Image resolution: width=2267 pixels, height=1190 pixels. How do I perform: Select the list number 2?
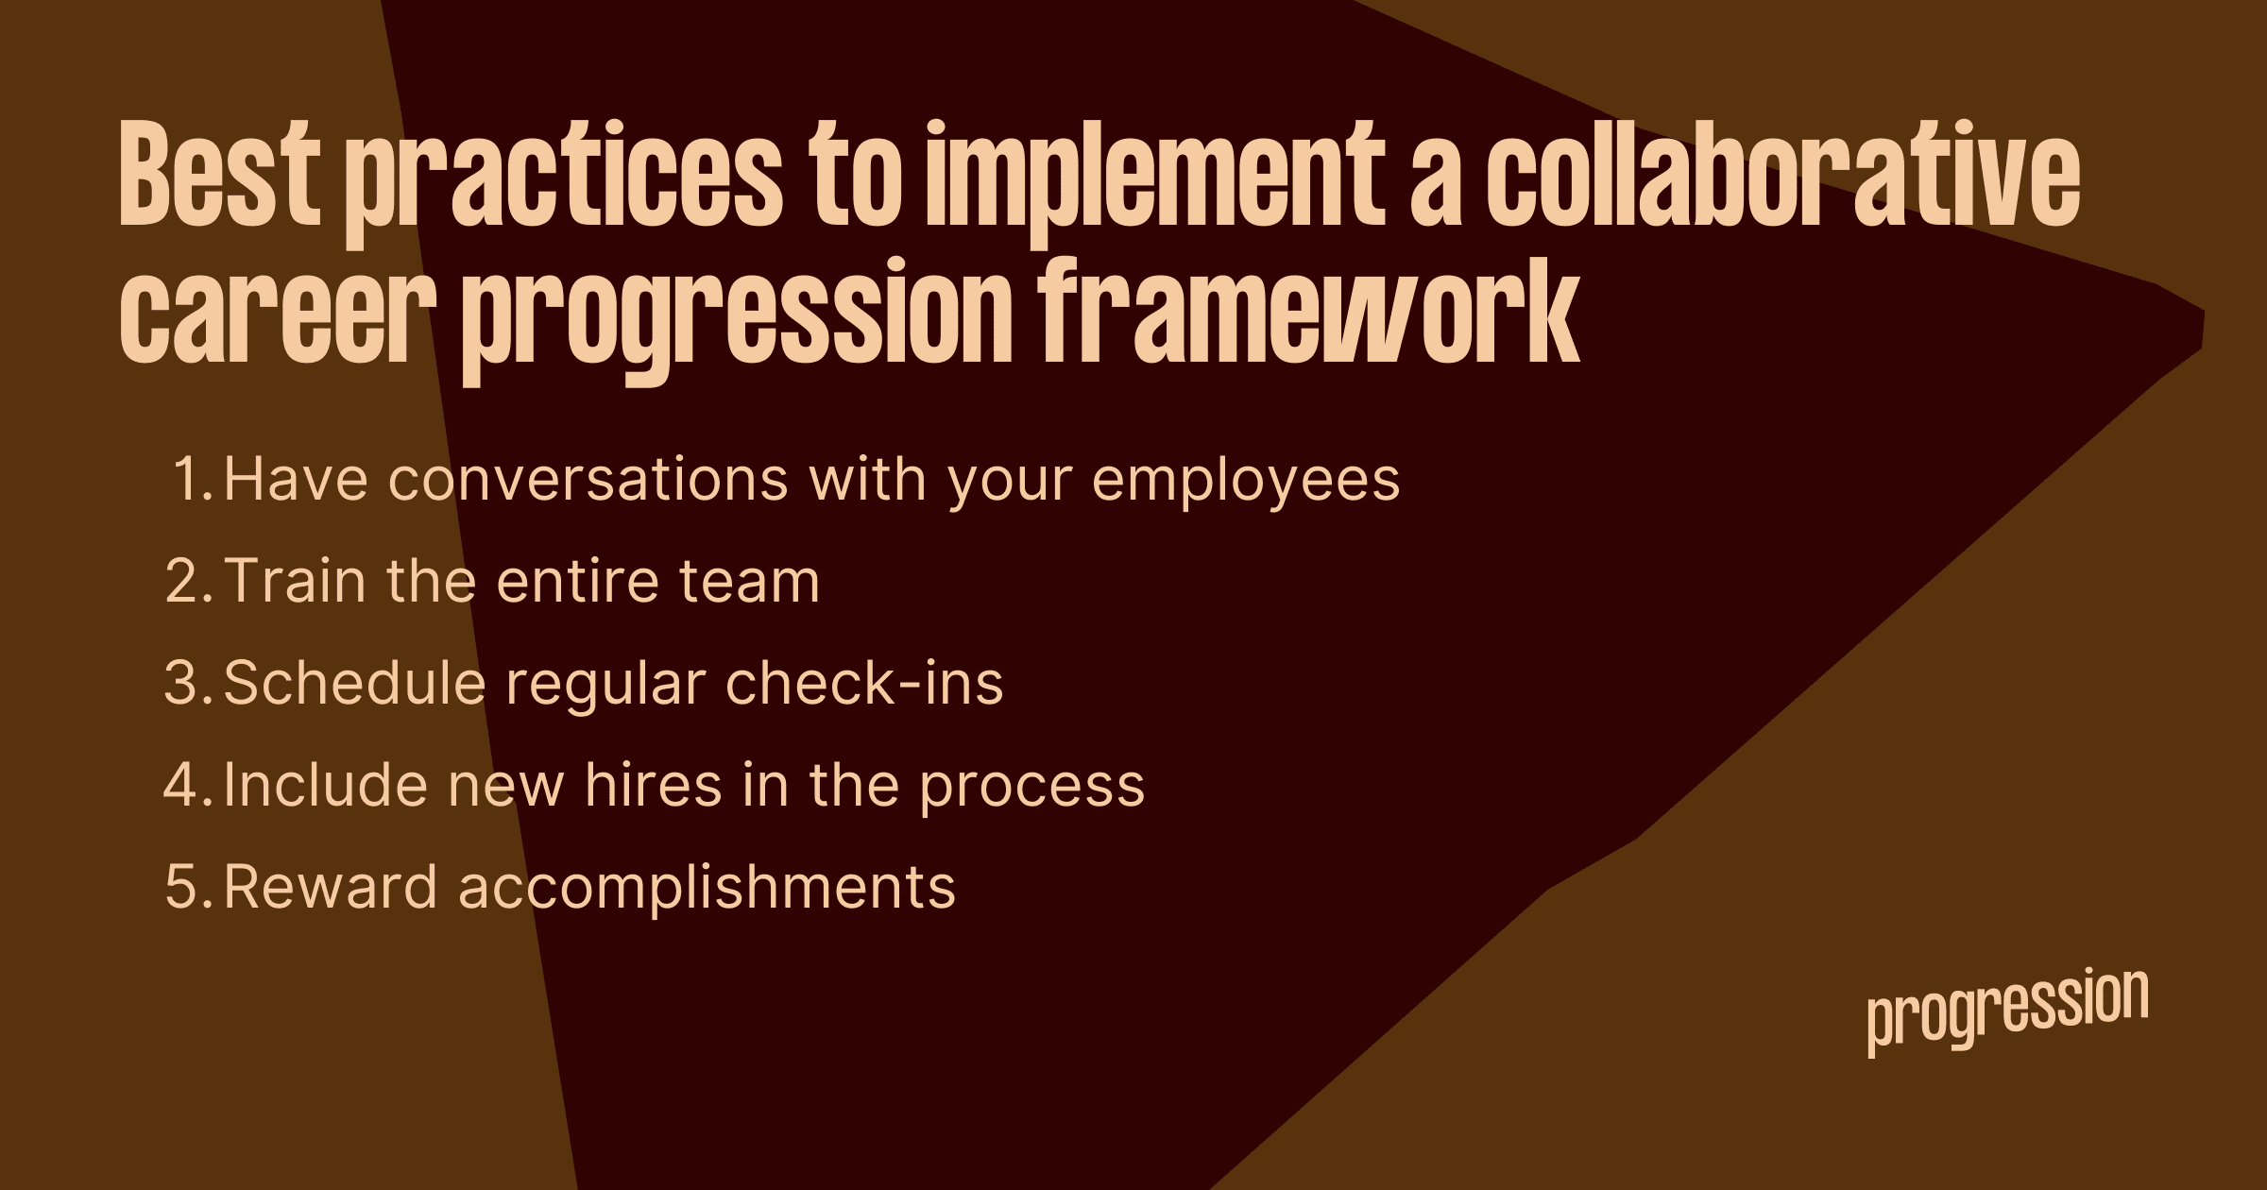click(x=189, y=581)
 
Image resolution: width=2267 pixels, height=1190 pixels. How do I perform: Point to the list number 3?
click(x=189, y=683)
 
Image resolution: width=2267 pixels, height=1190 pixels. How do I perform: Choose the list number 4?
click(x=189, y=785)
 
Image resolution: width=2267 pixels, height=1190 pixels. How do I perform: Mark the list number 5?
click(x=189, y=887)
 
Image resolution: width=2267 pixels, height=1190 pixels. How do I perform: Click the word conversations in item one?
click(x=588, y=480)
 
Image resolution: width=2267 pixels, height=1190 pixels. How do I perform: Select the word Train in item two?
click(x=295, y=581)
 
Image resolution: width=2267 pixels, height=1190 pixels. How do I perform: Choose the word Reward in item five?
click(x=331, y=886)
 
